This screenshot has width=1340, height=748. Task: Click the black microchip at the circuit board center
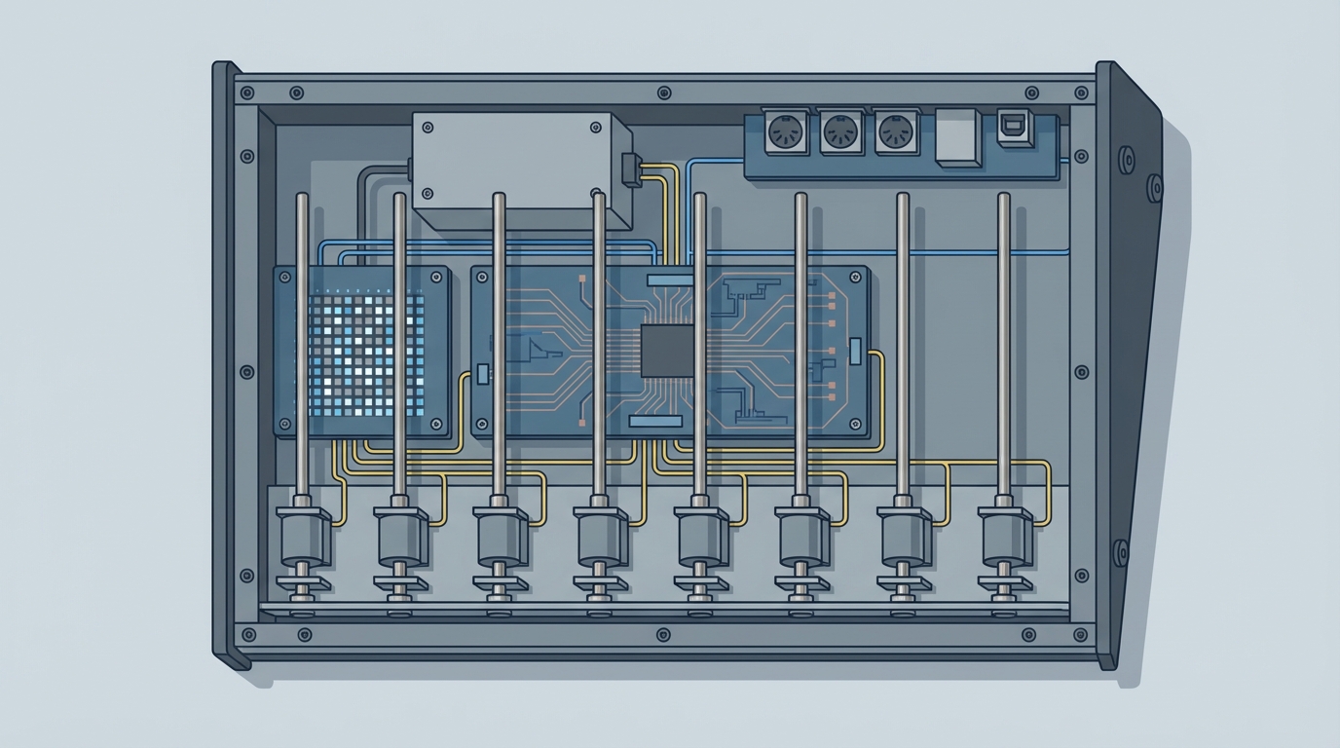[667, 351]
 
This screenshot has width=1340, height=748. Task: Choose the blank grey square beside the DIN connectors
[957, 135]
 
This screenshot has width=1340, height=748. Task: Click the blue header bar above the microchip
[669, 280]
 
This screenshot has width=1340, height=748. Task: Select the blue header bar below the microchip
[655, 421]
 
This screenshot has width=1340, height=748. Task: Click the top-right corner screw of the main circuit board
[857, 276]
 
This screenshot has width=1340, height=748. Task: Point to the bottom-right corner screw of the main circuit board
[857, 425]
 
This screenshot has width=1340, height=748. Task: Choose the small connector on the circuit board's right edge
[855, 352]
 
